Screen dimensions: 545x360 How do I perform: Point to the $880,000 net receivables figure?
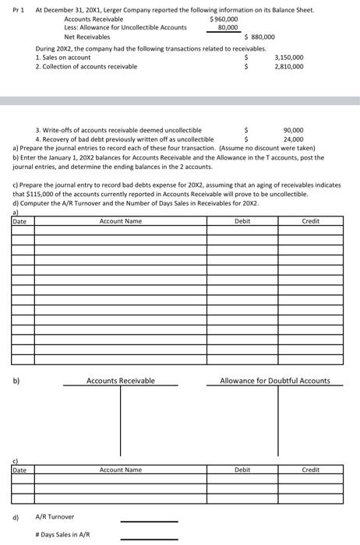click(259, 37)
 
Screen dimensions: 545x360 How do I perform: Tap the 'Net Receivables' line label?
click(86, 37)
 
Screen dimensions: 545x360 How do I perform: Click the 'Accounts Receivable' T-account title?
click(120, 381)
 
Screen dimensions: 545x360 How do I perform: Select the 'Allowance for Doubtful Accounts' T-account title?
click(275, 381)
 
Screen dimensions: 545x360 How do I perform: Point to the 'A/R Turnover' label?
click(55, 517)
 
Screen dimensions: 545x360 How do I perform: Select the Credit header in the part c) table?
click(310, 469)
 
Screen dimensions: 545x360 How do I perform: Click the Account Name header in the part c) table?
click(121, 469)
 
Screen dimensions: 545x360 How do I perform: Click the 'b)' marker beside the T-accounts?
click(16, 381)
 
